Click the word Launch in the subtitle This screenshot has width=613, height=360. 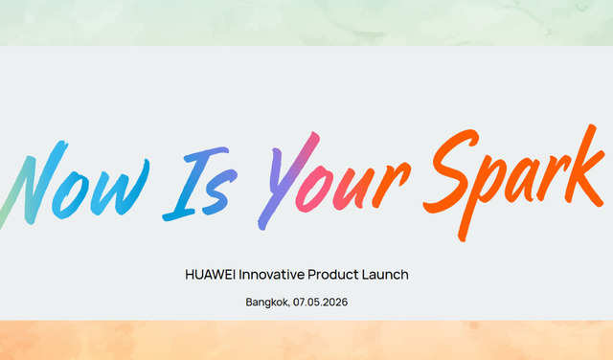click(x=388, y=275)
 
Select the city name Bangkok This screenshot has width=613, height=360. click(x=267, y=303)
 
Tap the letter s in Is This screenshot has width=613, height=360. click(x=224, y=191)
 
